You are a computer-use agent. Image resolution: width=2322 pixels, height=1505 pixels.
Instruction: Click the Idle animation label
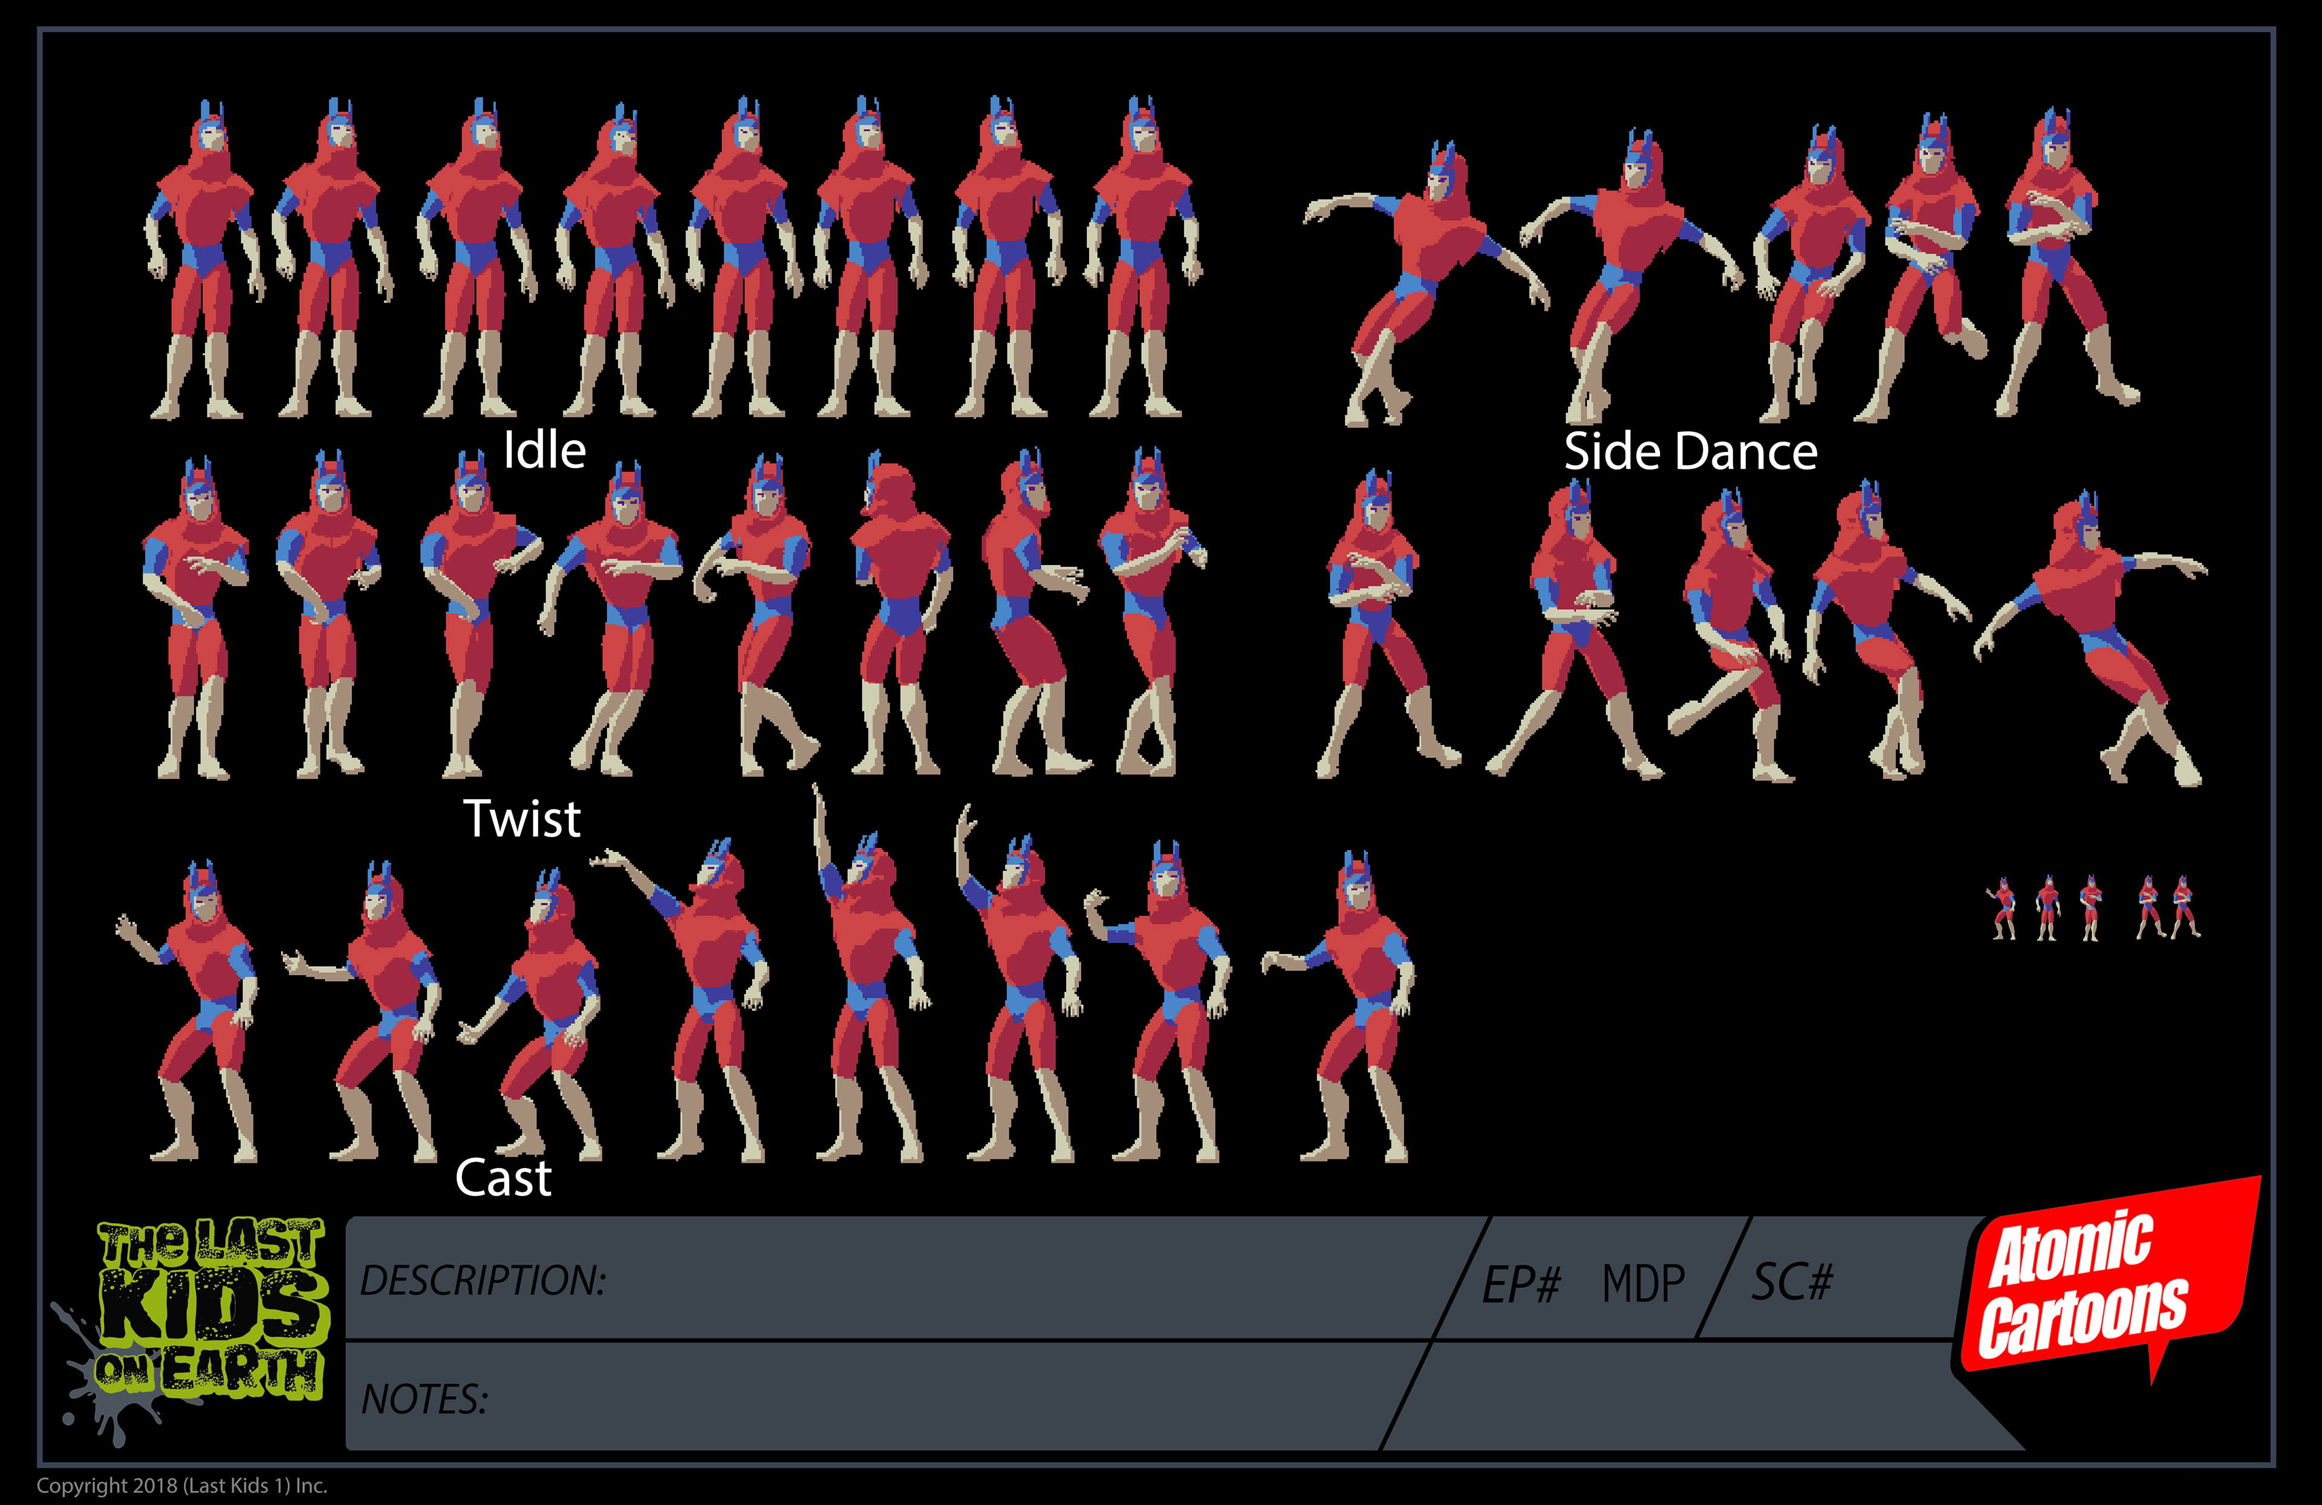(x=544, y=451)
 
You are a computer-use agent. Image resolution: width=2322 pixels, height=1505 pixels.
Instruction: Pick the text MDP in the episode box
(x=1644, y=1284)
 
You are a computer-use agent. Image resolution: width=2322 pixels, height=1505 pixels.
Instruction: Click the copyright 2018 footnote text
(x=181, y=1486)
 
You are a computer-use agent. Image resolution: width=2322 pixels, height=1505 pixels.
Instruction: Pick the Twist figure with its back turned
(x=900, y=615)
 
